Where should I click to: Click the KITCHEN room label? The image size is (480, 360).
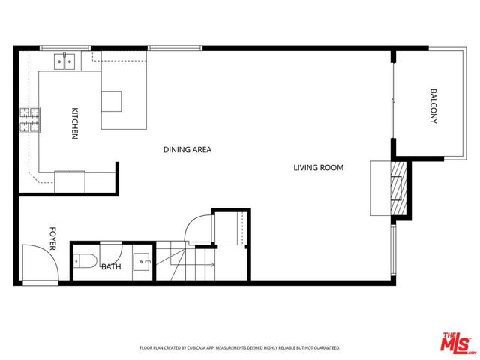[x=75, y=123]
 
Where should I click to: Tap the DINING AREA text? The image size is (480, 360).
[x=187, y=150]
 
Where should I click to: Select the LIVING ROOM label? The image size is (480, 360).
[x=318, y=168]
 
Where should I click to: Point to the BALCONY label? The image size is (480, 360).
[x=433, y=106]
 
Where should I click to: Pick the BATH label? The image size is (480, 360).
[x=111, y=266]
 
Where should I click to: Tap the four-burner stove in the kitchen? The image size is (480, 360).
[x=29, y=118]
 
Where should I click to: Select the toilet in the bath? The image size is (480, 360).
[x=84, y=262]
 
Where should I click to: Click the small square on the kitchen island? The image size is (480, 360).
[x=112, y=100]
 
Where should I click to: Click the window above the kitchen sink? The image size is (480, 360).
[x=62, y=48]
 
